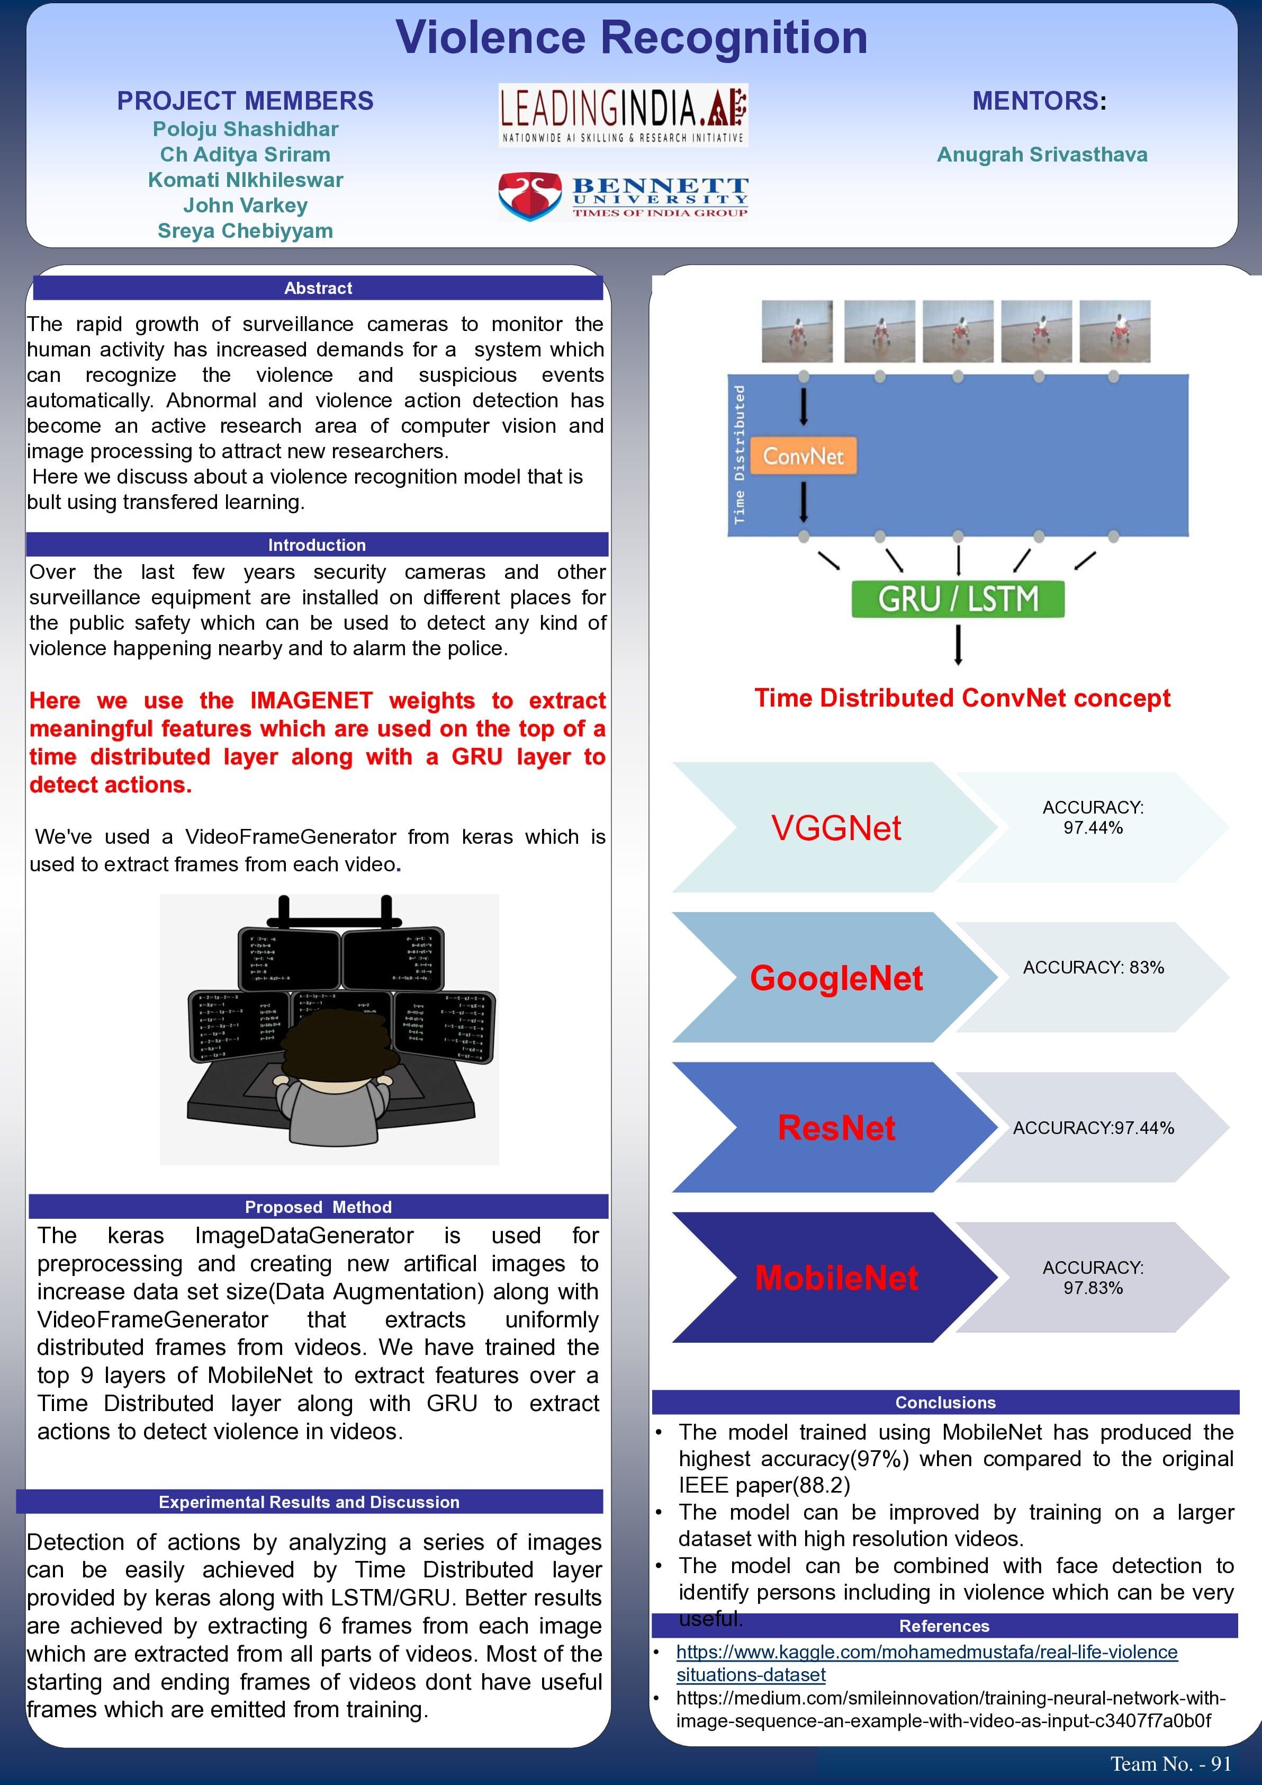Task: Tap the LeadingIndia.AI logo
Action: (x=623, y=114)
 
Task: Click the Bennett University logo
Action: (x=623, y=197)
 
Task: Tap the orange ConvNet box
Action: (x=803, y=456)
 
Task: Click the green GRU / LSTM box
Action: (x=958, y=599)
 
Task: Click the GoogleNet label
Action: (x=836, y=978)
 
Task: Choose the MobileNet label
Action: (x=836, y=1278)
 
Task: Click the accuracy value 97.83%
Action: (x=1093, y=1288)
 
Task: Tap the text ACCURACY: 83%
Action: (x=1093, y=968)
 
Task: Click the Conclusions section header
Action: (x=945, y=1403)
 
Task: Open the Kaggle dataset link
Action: (x=926, y=1653)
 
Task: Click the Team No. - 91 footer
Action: (x=1170, y=1763)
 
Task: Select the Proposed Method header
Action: (x=318, y=1207)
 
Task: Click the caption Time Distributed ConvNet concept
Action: (x=962, y=698)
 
